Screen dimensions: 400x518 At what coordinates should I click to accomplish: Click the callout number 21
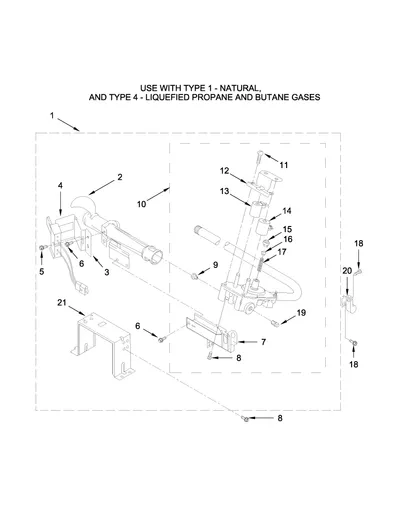pyautogui.click(x=62, y=303)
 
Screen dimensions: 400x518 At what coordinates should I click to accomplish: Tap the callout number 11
pyautogui.click(x=284, y=165)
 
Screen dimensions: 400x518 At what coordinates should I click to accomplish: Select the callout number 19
pyautogui.click(x=301, y=313)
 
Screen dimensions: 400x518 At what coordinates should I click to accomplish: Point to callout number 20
pyautogui.click(x=347, y=271)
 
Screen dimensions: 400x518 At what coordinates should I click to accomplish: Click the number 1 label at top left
pyautogui.click(x=52, y=115)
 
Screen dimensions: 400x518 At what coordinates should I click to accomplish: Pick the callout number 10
pyautogui.click(x=142, y=204)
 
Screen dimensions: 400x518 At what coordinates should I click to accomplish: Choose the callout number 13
pyautogui.click(x=225, y=191)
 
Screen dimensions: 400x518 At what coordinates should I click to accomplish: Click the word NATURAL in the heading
pyautogui.click(x=239, y=88)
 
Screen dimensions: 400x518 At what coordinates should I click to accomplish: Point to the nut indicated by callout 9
pyautogui.click(x=194, y=276)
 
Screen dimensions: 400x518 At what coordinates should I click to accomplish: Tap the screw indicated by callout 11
pyautogui.click(x=259, y=157)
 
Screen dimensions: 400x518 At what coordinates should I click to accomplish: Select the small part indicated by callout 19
pyautogui.click(x=275, y=323)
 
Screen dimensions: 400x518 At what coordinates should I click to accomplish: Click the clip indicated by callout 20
pyautogui.click(x=348, y=301)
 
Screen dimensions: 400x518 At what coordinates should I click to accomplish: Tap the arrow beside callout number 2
pyautogui.click(x=102, y=187)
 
